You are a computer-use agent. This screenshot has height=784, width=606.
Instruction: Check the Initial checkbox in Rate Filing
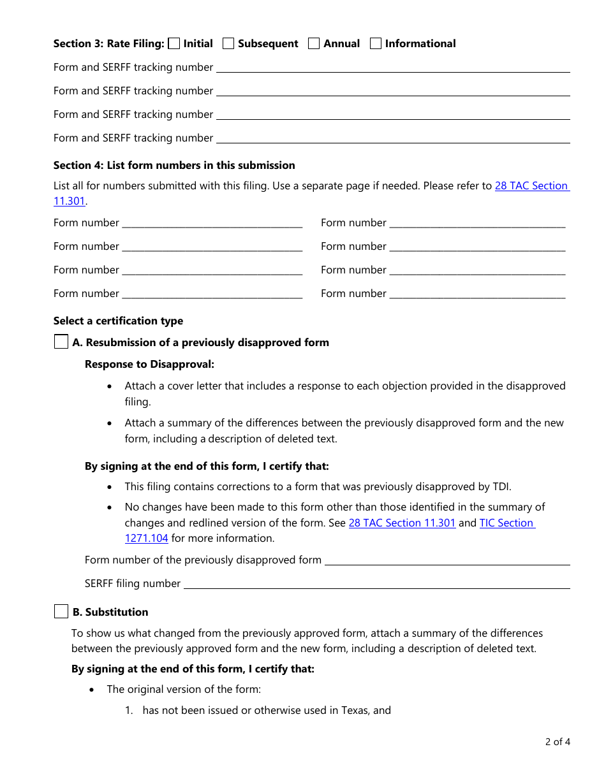point(174,43)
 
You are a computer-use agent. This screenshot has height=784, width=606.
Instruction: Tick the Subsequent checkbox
point(228,43)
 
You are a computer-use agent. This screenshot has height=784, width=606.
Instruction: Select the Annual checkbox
point(314,43)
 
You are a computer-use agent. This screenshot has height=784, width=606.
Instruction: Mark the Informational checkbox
point(376,43)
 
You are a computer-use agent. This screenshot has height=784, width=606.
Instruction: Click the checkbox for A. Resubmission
point(61,342)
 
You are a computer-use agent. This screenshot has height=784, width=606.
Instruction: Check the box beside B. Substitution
point(61,612)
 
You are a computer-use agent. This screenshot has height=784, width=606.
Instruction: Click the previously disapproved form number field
point(447,560)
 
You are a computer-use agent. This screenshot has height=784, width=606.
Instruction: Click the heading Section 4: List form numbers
point(174,165)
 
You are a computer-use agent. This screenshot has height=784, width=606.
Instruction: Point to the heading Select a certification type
point(118,321)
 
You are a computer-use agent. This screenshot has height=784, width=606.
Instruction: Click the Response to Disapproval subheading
point(149,364)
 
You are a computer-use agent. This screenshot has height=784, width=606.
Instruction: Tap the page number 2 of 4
point(558,741)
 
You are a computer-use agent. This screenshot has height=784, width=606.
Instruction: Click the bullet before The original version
point(93,690)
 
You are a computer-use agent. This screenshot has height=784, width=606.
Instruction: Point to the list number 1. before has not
point(129,710)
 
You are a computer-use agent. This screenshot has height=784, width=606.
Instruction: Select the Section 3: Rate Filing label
point(108,43)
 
